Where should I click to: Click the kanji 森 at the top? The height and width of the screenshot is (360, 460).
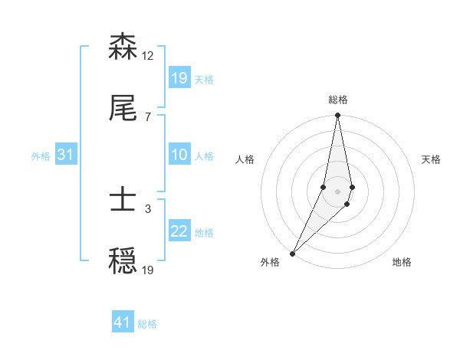pos(123,47)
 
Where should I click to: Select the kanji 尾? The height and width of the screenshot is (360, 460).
pos(123,110)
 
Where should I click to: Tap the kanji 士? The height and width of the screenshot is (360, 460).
pos(123,201)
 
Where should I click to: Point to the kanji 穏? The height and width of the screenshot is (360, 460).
pos(123,263)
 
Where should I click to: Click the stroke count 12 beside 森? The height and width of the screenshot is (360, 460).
pos(148,56)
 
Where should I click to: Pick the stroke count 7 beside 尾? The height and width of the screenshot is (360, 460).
pos(147,116)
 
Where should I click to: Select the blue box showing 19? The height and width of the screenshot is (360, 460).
pos(179,78)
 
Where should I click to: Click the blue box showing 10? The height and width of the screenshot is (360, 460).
pos(179,155)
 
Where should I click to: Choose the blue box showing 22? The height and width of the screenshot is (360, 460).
pos(179,231)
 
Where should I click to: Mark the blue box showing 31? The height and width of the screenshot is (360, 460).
pos(66,155)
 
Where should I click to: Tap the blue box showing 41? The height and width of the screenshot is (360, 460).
pos(123,323)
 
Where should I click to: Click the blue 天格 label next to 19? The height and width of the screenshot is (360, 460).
pos(204,79)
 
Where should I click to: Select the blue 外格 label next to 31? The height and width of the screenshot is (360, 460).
pos(41,156)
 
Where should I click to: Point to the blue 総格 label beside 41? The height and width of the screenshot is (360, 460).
pos(147,324)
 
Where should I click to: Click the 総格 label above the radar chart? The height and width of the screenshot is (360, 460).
pos(338,100)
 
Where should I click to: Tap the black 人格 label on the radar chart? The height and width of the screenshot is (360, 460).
pos(245,159)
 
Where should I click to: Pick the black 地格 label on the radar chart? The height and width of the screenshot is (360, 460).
pos(402,263)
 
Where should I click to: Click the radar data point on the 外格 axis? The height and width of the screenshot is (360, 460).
pos(292,253)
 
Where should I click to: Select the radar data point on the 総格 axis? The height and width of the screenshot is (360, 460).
pos(338,116)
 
